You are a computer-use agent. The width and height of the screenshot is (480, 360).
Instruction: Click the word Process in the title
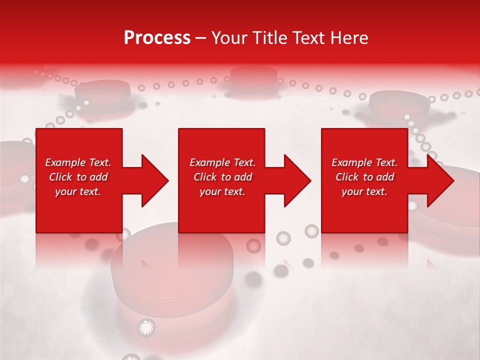click(157, 37)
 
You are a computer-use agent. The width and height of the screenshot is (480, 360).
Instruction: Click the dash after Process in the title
click(200, 38)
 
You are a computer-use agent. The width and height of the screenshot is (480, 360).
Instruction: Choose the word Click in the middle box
click(205, 177)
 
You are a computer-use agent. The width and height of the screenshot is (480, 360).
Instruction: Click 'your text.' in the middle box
click(222, 191)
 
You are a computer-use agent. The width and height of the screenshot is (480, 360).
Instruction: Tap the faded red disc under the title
click(254, 75)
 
